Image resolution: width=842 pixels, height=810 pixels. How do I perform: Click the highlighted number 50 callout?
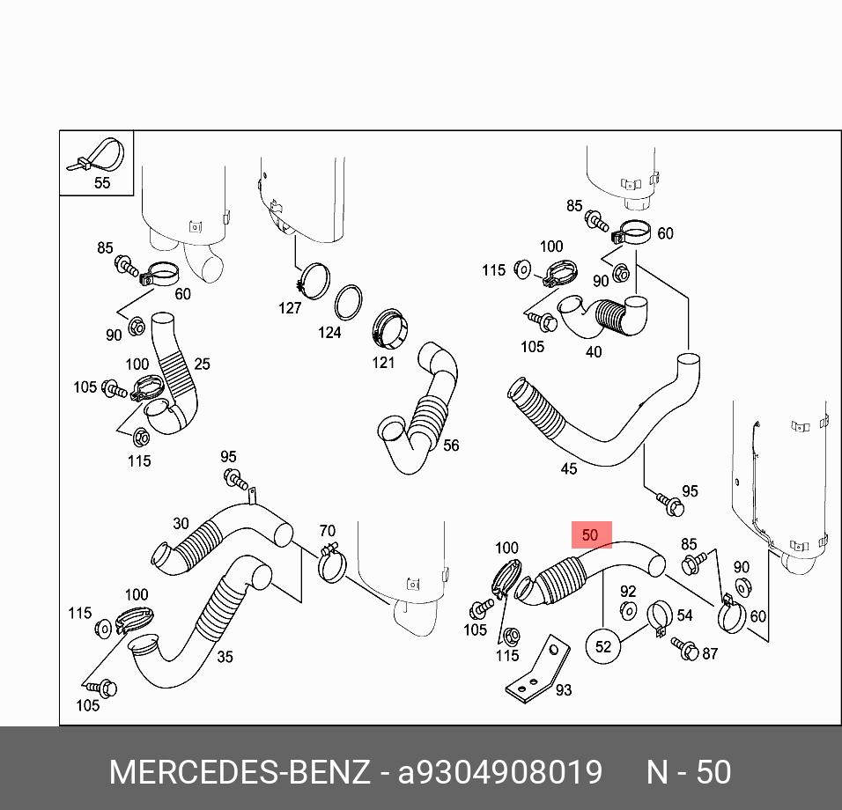point(590,534)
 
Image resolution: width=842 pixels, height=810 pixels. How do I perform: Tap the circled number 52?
point(602,646)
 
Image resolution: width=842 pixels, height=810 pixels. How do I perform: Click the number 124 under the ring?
point(329,332)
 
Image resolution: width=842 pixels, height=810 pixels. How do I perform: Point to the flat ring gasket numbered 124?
point(349,302)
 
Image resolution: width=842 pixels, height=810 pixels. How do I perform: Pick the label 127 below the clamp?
point(290,307)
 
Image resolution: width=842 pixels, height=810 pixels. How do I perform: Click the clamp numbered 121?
point(388,328)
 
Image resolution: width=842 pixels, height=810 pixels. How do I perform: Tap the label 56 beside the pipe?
point(451,445)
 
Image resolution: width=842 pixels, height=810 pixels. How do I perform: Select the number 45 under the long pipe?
point(569,468)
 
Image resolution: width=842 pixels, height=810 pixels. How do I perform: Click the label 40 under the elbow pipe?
point(594,351)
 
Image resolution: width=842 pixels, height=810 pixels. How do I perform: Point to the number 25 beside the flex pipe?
point(203,364)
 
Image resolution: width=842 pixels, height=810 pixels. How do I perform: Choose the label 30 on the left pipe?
point(181,523)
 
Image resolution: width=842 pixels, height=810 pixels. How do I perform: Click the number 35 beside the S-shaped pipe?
point(225,657)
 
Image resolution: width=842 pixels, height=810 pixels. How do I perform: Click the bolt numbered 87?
point(684,649)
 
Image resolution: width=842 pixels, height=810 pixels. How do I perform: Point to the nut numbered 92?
point(628,611)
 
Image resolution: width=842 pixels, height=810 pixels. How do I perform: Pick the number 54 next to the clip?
point(684,615)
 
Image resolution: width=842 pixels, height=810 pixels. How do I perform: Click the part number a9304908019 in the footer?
point(500,772)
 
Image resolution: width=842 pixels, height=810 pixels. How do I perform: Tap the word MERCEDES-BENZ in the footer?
point(239,772)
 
